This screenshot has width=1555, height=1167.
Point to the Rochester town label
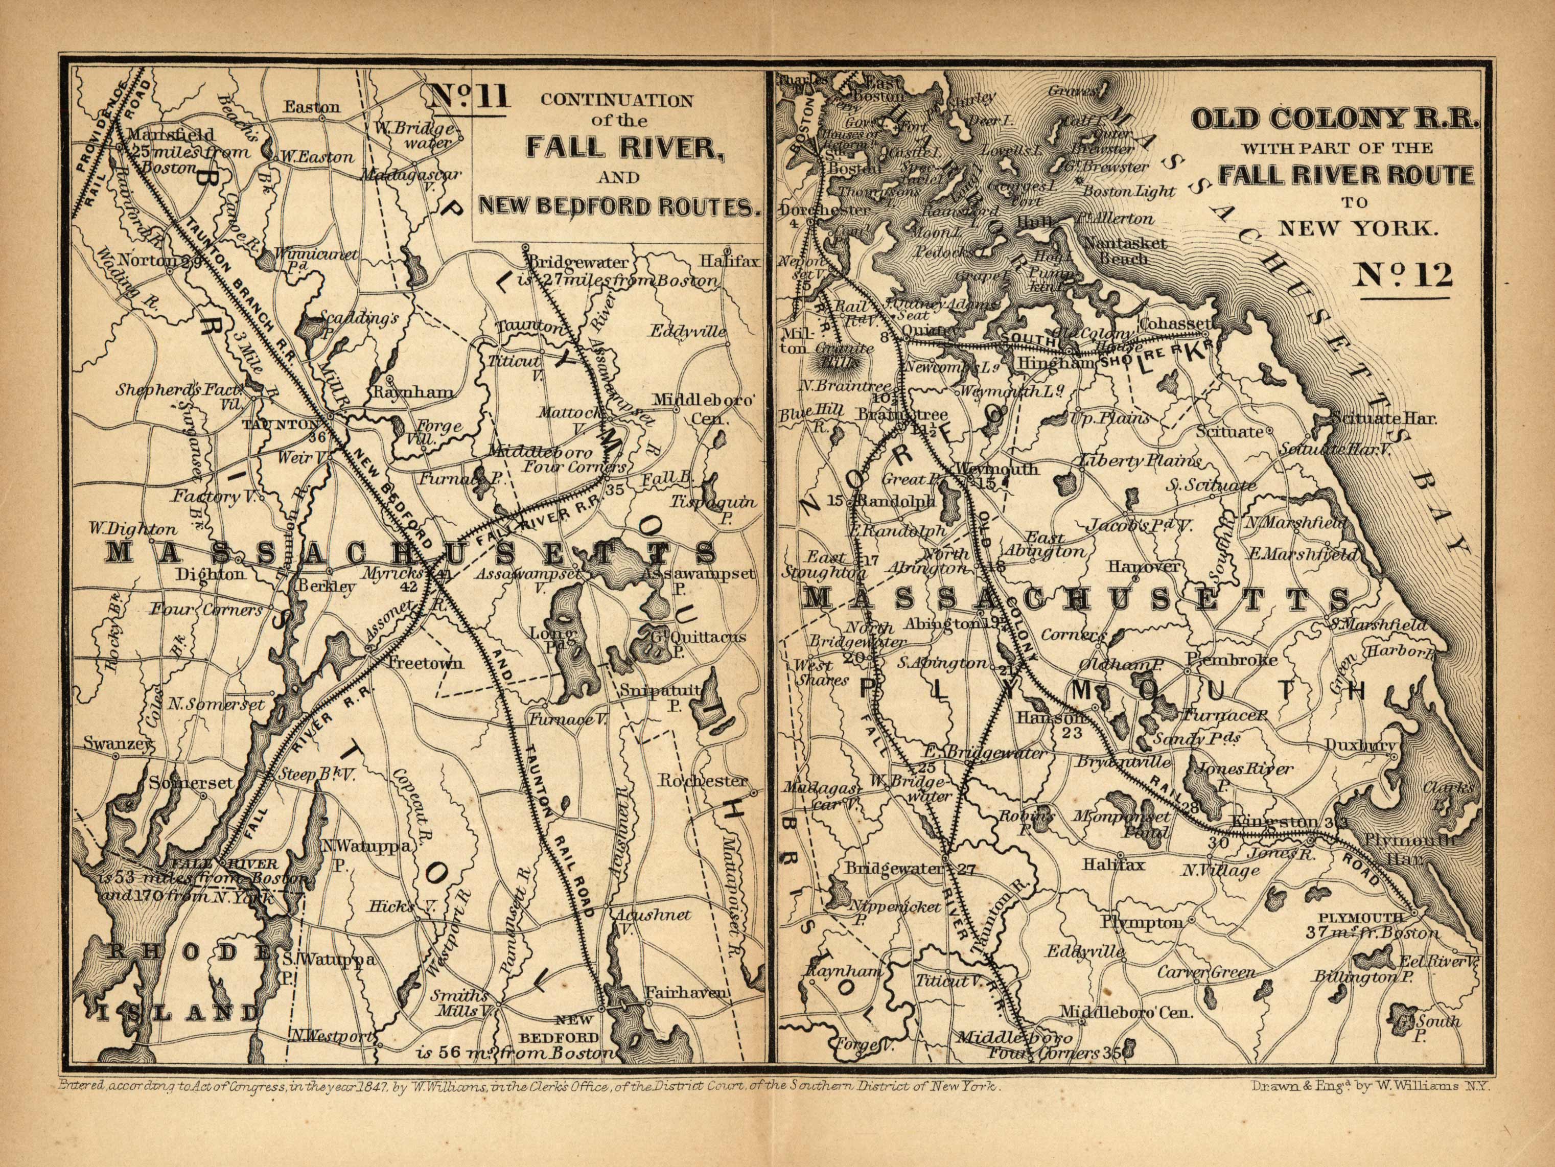[703, 781]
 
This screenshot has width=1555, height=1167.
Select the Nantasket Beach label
[1124, 250]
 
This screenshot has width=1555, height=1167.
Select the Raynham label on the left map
[413, 392]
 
